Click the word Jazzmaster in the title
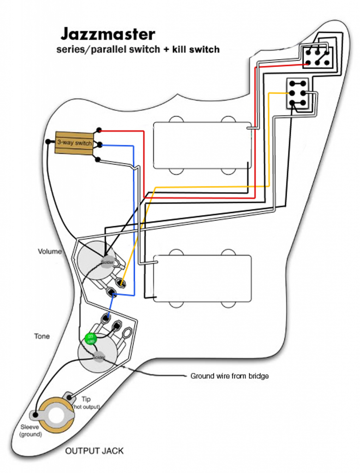point(108,34)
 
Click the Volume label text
point(49,252)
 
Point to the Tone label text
point(42,336)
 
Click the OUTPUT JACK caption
point(94,451)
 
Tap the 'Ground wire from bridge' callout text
point(229,376)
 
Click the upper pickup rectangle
point(202,145)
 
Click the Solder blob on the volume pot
point(107,262)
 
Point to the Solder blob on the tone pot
point(98,357)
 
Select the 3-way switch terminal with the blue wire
point(99,145)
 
